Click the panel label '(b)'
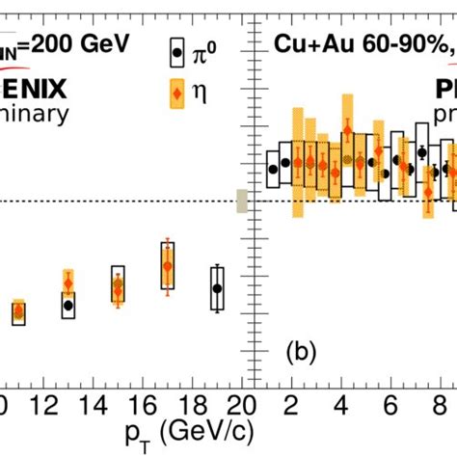pyautogui.click(x=304, y=353)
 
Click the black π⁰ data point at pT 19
pyautogui.click(x=217, y=287)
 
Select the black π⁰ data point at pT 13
pyautogui.click(x=68, y=305)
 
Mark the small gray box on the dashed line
pyautogui.click(x=242, y=201)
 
